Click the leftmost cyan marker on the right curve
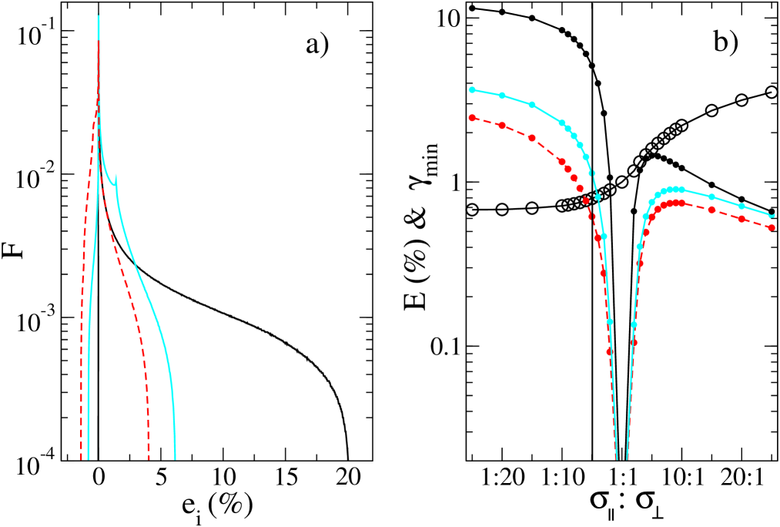pos(472,89)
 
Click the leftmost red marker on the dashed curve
pos(472,118)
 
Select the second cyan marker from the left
pos(502,96)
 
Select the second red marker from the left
pos(502,125)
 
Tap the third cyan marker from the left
pos(532,105)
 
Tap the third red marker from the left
pos(532,138)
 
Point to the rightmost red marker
pos(772,228)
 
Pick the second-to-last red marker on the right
pos(742,219)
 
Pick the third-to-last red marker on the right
pos(711,210)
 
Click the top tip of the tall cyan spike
pos(99,14)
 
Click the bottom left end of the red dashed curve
pos(81,459)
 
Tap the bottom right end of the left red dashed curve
pos(149,459)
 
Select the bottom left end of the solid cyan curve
pos(89,459)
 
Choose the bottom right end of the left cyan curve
pos(175,459)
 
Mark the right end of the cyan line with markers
pos(773,216)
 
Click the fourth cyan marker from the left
pos(561,123)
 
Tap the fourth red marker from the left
pos(561,162)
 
